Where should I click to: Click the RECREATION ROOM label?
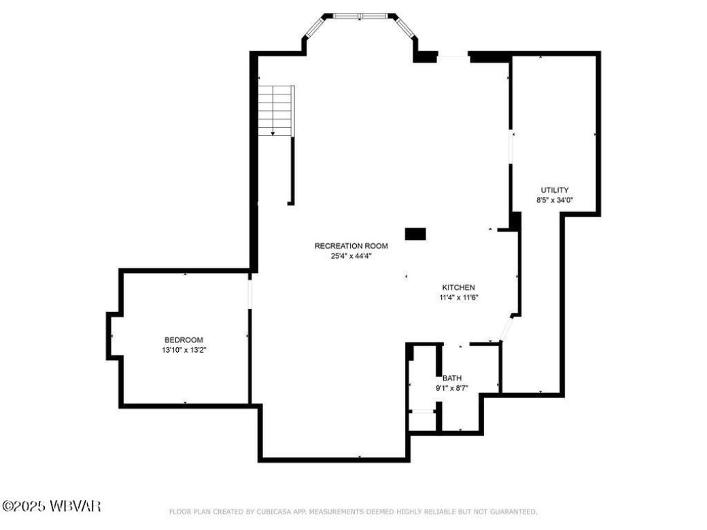pyautogui.click(x=351, y=245)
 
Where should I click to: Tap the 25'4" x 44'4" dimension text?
pyautogui.click(x=351, y=255)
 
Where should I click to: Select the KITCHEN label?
pyautogui.click(x=459, y=287)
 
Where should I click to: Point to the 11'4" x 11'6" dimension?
pyautogui.click(x=459, y=297)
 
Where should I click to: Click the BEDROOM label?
pyautogui.click(x=184, y=340)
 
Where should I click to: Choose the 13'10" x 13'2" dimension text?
pyautogui.click(x=184, y=350)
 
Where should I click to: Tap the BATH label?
pyautogui.click(x=452, y=378)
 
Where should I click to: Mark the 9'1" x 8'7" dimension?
pyautogui.click(x=452, y=388)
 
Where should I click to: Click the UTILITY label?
pyautogui.click(x=555, y=190)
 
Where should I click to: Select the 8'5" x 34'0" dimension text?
pyautogui.click(x=555, y=200)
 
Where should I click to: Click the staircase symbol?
pyautogui.click(x=276, y=110)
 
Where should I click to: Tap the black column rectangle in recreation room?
pyautogui.click(x=415, y=234)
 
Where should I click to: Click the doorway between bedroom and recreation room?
pyautogui.click(x=250, y=292)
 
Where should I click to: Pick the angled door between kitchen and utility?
pyautogui.click(x=506, y=329)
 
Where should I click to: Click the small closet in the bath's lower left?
pyautogui.click(x=422, y=421)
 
